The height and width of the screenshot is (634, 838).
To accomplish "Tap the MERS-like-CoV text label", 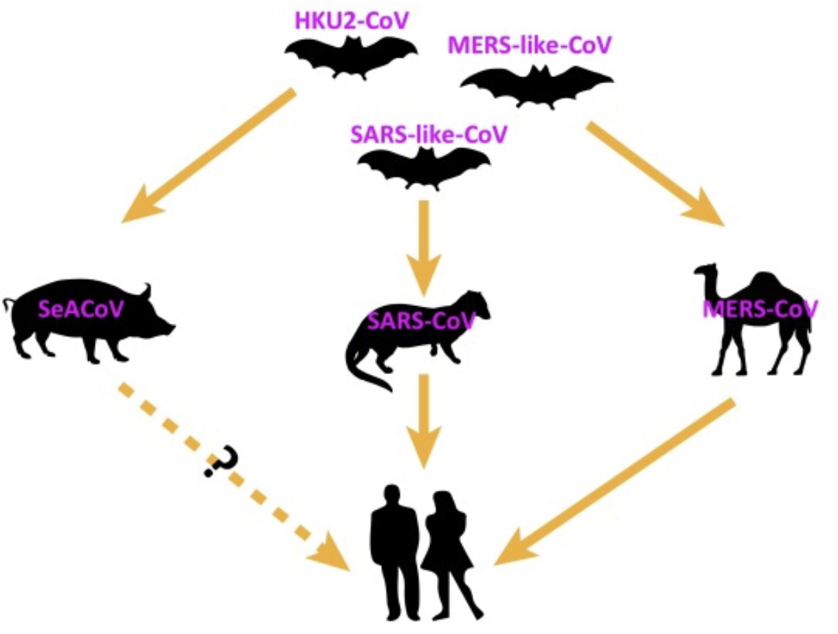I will point(529,48).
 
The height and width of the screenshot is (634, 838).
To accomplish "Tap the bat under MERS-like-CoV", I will point(537,86).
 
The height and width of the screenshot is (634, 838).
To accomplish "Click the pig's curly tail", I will point(8,303).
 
